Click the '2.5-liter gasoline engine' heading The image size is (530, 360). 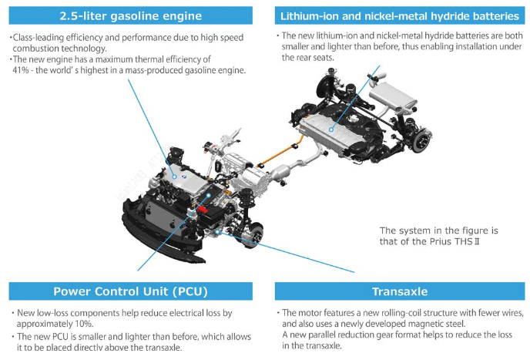tap(130, 15)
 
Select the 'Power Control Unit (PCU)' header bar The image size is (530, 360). tap(130, 291)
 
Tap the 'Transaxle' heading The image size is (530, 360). tap(400, 291)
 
